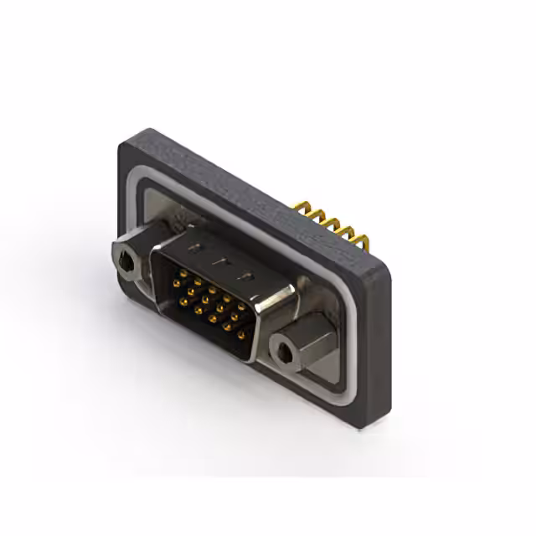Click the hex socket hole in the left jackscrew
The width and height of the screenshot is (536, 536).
click(126, 265)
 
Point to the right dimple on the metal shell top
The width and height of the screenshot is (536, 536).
click(246, 276)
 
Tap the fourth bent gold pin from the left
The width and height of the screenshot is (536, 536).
click(347, 234)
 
